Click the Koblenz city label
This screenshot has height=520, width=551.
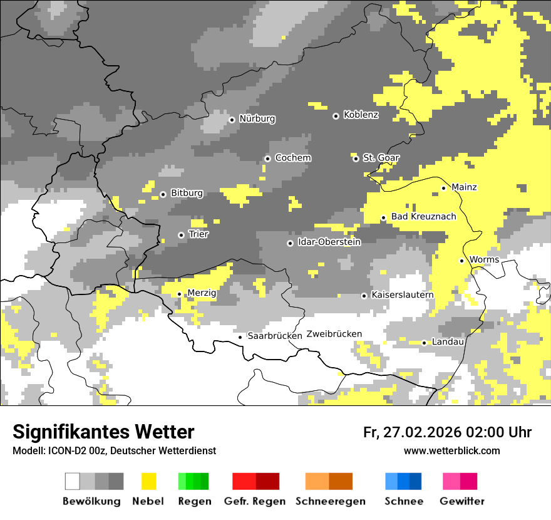[361, 115]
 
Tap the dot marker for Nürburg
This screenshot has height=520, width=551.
[232, 119]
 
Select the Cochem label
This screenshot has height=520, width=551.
[292, 158]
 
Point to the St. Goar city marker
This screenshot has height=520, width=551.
[356, 159]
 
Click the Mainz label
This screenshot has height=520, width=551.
[464, 187]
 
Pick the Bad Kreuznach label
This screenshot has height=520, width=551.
[423, 216]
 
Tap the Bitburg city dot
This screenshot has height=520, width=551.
[163, 194]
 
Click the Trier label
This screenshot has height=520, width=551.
[198, 234]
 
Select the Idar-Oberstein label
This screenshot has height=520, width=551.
[329, 242]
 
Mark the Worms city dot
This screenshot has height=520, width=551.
[461, 261]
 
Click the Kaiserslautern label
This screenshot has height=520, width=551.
[402, 294]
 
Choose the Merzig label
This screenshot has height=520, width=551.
[202, 293]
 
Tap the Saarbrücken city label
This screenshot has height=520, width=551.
[275, 336]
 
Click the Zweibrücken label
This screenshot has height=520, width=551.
[334, 334]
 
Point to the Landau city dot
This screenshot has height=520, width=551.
[424, 343]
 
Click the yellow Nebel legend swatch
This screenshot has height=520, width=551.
[148, 481]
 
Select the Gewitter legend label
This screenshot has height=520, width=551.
[461, 501]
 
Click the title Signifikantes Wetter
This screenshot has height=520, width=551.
[103, 432]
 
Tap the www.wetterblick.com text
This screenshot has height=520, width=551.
[451, 450]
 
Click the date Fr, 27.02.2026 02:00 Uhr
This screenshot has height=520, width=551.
[447, 432]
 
